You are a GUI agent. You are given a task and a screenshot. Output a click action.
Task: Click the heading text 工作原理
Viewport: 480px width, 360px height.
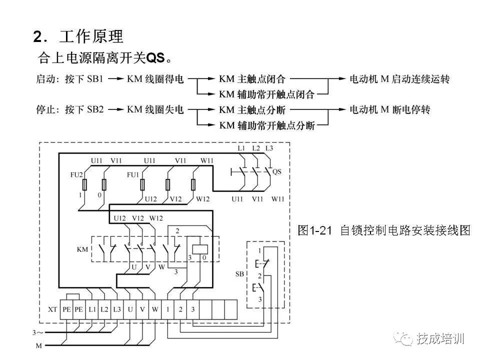(91, 36)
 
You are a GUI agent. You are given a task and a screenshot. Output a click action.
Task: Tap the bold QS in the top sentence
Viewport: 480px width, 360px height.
(155, 58)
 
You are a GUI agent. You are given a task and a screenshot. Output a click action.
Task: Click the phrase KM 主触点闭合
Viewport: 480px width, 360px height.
(252, 79)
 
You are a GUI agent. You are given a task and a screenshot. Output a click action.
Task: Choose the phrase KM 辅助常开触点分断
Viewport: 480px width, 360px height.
(267, 125)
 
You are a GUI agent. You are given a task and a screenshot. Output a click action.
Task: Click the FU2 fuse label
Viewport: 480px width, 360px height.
(76, 174)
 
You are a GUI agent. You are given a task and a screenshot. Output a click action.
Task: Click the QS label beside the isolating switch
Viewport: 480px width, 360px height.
(276, 171)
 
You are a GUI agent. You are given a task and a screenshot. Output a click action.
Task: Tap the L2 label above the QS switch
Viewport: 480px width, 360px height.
(256, 148)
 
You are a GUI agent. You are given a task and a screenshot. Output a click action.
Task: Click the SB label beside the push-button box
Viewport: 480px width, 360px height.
(239, 274)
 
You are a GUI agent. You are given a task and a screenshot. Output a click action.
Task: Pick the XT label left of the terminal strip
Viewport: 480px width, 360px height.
(52, 309)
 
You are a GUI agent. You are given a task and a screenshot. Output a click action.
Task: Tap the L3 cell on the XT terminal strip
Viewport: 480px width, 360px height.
(116, 309)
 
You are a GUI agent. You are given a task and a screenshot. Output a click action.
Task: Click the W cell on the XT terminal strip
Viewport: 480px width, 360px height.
(155, 309)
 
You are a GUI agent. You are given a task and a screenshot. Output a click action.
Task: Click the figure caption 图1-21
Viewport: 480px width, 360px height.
(314, 230)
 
